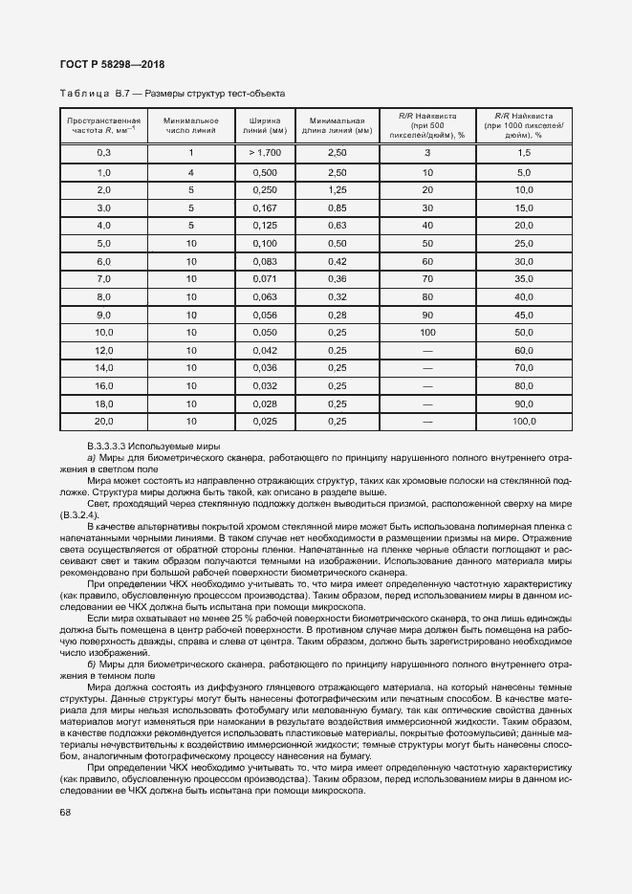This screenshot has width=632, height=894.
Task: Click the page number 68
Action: coord(65,812)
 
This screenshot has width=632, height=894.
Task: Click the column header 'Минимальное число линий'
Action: coord(191,126)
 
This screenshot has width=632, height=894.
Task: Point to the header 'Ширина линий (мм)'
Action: coord(264,126)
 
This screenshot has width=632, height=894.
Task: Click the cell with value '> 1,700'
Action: coord(264,153)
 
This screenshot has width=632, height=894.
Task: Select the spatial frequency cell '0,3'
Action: coord(104,153)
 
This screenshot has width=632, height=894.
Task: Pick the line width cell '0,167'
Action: coord(264,207)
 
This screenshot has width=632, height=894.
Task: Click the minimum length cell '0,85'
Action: coord(337,207)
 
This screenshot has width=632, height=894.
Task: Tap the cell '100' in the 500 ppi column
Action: coord(427,332)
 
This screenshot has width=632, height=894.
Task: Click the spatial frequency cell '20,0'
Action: coord(104,421)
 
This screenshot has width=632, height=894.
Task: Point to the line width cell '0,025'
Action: coord(264,421)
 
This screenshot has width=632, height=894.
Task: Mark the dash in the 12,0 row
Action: coord(427,350)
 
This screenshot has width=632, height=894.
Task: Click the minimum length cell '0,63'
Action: coord(337,226)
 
